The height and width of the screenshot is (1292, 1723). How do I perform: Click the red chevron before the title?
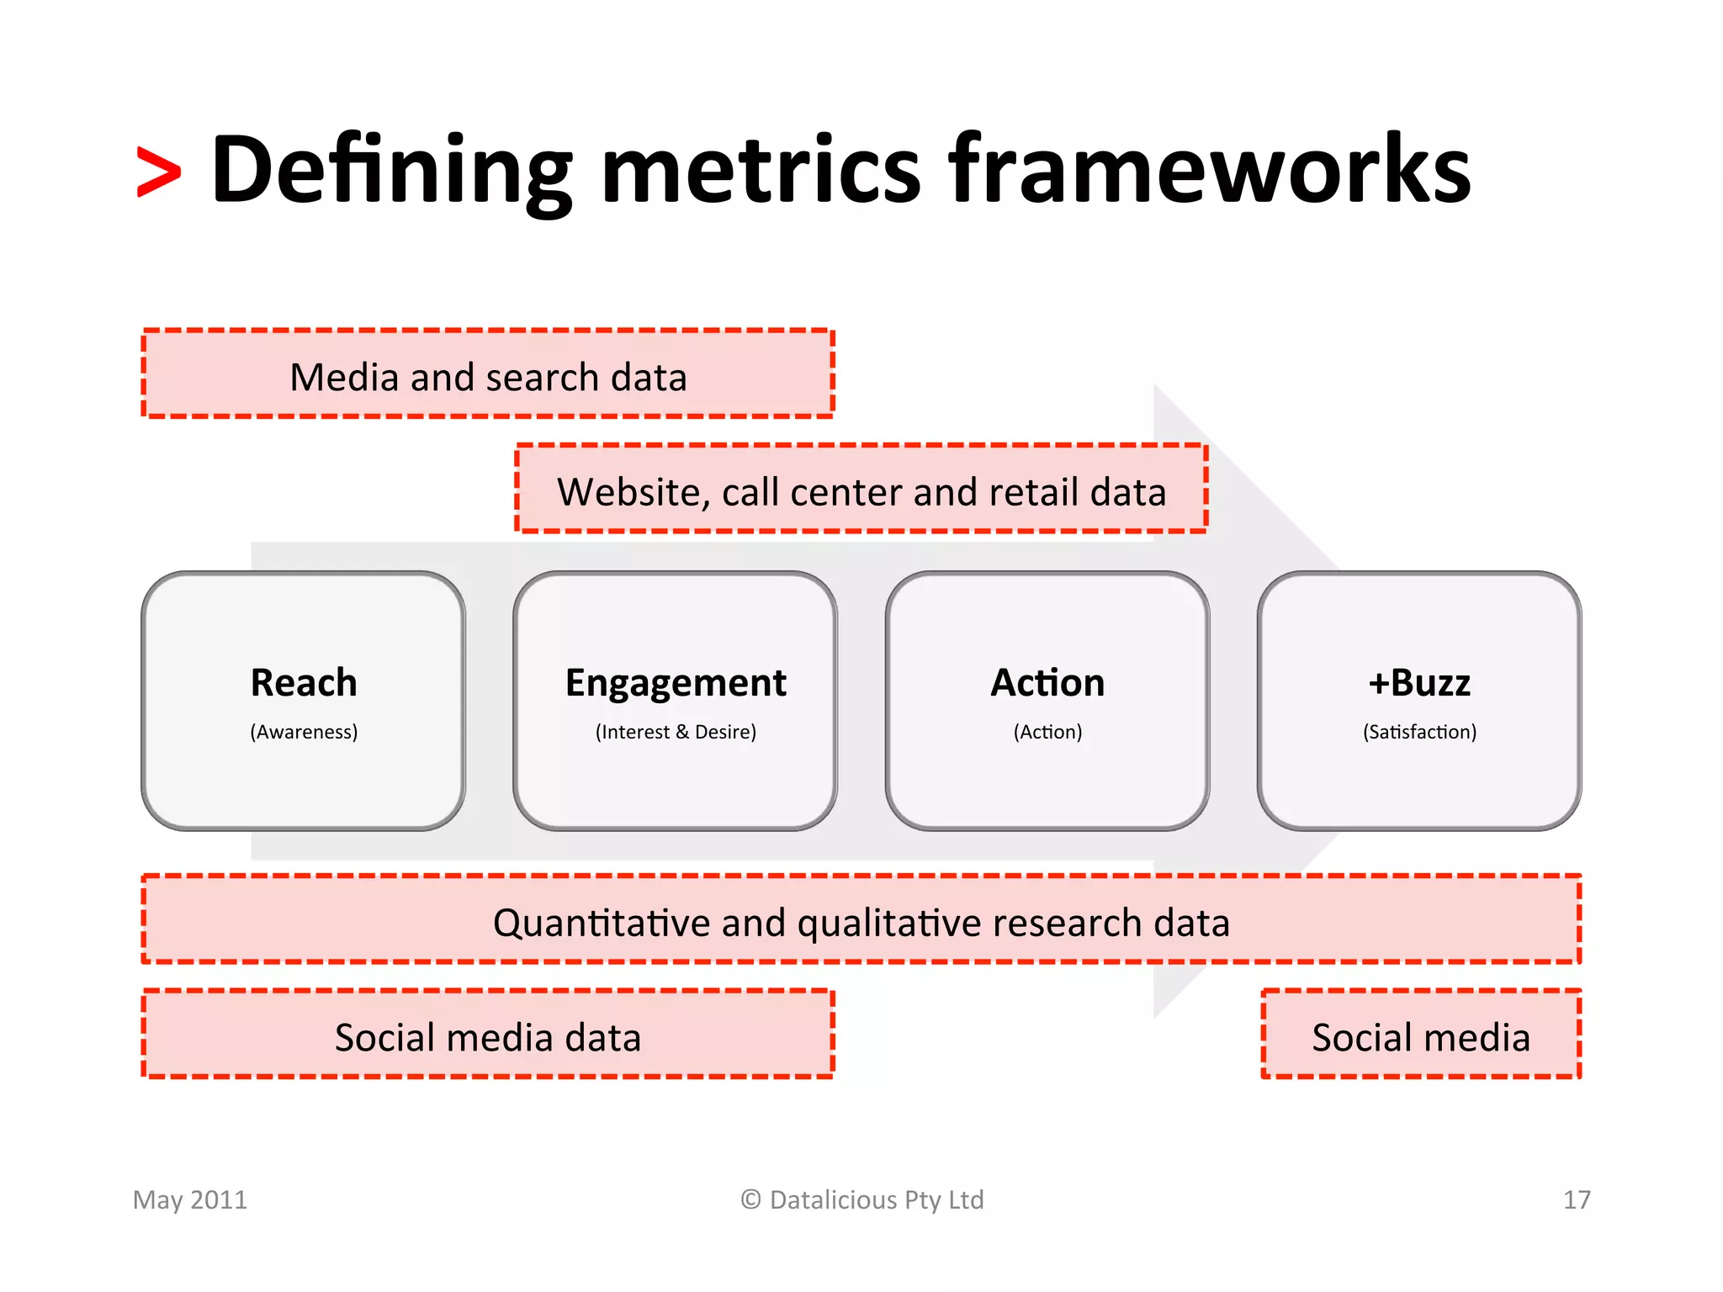pyautogui.click(x=158, y=173)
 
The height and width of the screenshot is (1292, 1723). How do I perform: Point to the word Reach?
pyautogui.click(x=304, y=682)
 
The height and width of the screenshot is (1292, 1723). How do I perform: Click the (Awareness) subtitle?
pyautogui.click(x=304, y=732)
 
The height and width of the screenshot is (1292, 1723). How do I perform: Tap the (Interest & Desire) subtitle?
pyautogui.click(x=676, y=732)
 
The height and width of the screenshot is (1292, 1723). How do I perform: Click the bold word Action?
pyautogui.click(x=1047, y=682)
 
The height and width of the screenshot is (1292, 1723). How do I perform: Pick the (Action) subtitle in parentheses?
pyautogui.click(x=1047, y=732)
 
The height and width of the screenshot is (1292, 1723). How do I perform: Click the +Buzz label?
pyautogui.click(x=1419, y=682)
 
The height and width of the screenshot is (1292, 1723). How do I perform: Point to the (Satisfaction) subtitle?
pyautogui.click(x=1419, y=732)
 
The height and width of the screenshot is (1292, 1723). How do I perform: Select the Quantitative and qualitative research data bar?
pyautogui.click(x=861, y=922)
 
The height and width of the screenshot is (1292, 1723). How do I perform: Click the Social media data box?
pyautogui.click(x=488, y=1036)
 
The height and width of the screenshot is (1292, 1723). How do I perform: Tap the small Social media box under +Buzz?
pyautogui.click(x=1421, y=1036)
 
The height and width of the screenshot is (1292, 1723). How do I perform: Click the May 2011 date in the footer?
pyautogui.click(x=190, y=1199)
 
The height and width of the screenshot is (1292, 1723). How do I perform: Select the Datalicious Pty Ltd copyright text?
pyautogui.click(x=861, y=1199)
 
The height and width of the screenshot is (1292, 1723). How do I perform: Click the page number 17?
pyautogui.click(x=1577, y=1199)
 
